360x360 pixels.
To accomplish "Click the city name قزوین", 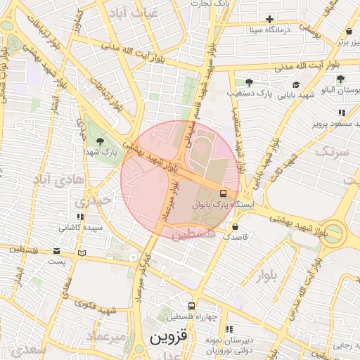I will point(169,337).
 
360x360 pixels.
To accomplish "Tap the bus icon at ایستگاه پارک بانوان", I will point(223,193).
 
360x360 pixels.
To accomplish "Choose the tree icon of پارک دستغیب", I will point(249,82).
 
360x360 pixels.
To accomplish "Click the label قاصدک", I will point(235,238).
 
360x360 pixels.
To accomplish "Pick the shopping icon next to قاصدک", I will point(235,227).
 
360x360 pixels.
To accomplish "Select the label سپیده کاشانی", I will point(80,228).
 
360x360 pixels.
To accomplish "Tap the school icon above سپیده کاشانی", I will point(80,217).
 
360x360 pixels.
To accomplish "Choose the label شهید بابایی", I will point(295,94).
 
